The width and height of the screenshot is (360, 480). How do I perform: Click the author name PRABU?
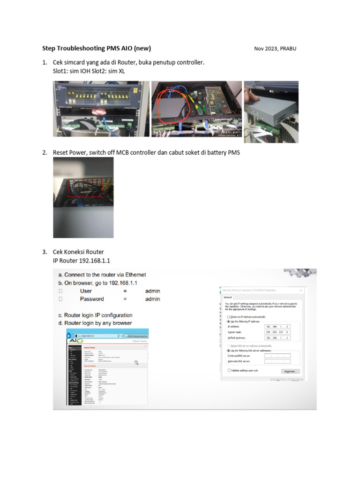pos(288,48)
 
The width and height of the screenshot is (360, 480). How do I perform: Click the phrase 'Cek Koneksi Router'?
pos(78,252)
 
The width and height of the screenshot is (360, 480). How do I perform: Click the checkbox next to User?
pos(60,291)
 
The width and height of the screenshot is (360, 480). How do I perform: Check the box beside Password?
pos(60,299)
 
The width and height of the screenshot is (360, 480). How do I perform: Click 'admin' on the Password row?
pos(152,299)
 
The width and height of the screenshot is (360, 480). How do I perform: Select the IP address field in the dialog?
pos(277,326)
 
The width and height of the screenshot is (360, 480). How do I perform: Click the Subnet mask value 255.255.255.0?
pos(277,332)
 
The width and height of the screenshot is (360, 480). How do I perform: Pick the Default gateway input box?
pos(277,337)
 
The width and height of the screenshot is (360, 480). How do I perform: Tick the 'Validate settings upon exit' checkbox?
pos(229,370)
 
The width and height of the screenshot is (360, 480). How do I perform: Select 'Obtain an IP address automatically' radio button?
pos(228,317)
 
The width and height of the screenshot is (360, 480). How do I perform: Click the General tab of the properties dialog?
pos(228,297)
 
